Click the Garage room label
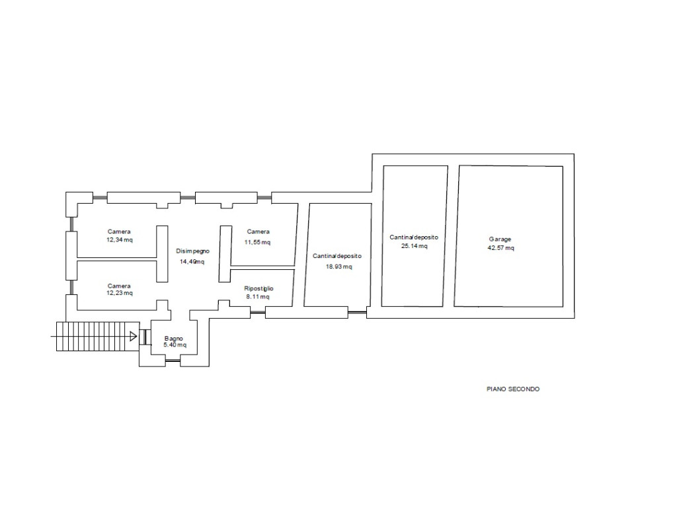point(500,239)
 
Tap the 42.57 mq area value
point(501,248)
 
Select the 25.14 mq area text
point(414,246)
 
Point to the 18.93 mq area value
point(339,267)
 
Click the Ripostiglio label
point(259,288)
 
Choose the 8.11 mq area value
point(258,297)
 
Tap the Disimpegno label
point(192,251)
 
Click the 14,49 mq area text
point(192,261)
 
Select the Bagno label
point(174,338)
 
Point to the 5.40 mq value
point(175,345)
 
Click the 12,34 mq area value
point(120,239)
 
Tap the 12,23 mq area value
point(120,293)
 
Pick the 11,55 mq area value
point(257,242)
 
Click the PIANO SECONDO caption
point(513,389)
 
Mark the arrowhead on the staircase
point(134,335)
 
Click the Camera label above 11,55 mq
point(259,232)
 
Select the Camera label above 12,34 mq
point(119,232)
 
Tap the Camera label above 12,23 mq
point(119,286)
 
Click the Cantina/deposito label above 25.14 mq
point(414,237)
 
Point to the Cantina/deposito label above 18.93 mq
point(337,256)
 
